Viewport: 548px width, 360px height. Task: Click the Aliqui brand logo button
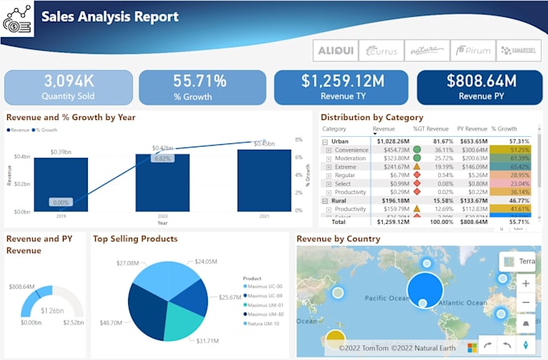pos(334,50)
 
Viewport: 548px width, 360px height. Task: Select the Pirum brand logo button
pos(471,50)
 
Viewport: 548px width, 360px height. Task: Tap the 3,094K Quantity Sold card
pos(68,87)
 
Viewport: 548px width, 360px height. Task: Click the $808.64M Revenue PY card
pos(479,87)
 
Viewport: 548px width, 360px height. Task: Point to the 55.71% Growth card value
pos(202,81)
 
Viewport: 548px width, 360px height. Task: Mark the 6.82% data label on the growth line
pos(163,158)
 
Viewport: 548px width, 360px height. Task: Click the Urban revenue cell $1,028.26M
pos(391,141)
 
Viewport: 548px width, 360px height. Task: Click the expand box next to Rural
pos(326,201)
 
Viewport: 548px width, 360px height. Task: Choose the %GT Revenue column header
pos(430,129)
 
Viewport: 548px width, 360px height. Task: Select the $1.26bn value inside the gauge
pos(52,310)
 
